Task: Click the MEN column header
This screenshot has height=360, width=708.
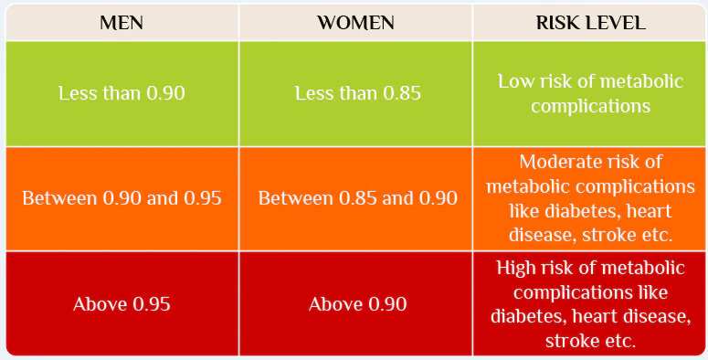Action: coord(122,23)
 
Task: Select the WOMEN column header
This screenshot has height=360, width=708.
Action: coord(357,23)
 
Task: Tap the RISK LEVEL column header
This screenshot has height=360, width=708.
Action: coord(590,23)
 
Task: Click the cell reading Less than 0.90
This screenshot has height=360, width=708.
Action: coord(122,93)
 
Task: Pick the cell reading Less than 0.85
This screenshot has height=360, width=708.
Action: coord(357,93)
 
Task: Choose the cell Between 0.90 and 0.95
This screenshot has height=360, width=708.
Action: coord(122,198)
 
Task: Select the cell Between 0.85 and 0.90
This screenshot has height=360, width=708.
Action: coord(357,198)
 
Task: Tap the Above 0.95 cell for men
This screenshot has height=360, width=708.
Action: coord(122,303)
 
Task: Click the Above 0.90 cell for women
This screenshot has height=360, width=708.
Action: coord(357,303)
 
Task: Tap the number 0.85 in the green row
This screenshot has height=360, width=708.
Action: coord(398,93)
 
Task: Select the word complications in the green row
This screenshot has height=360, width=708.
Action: coord(590,106)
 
